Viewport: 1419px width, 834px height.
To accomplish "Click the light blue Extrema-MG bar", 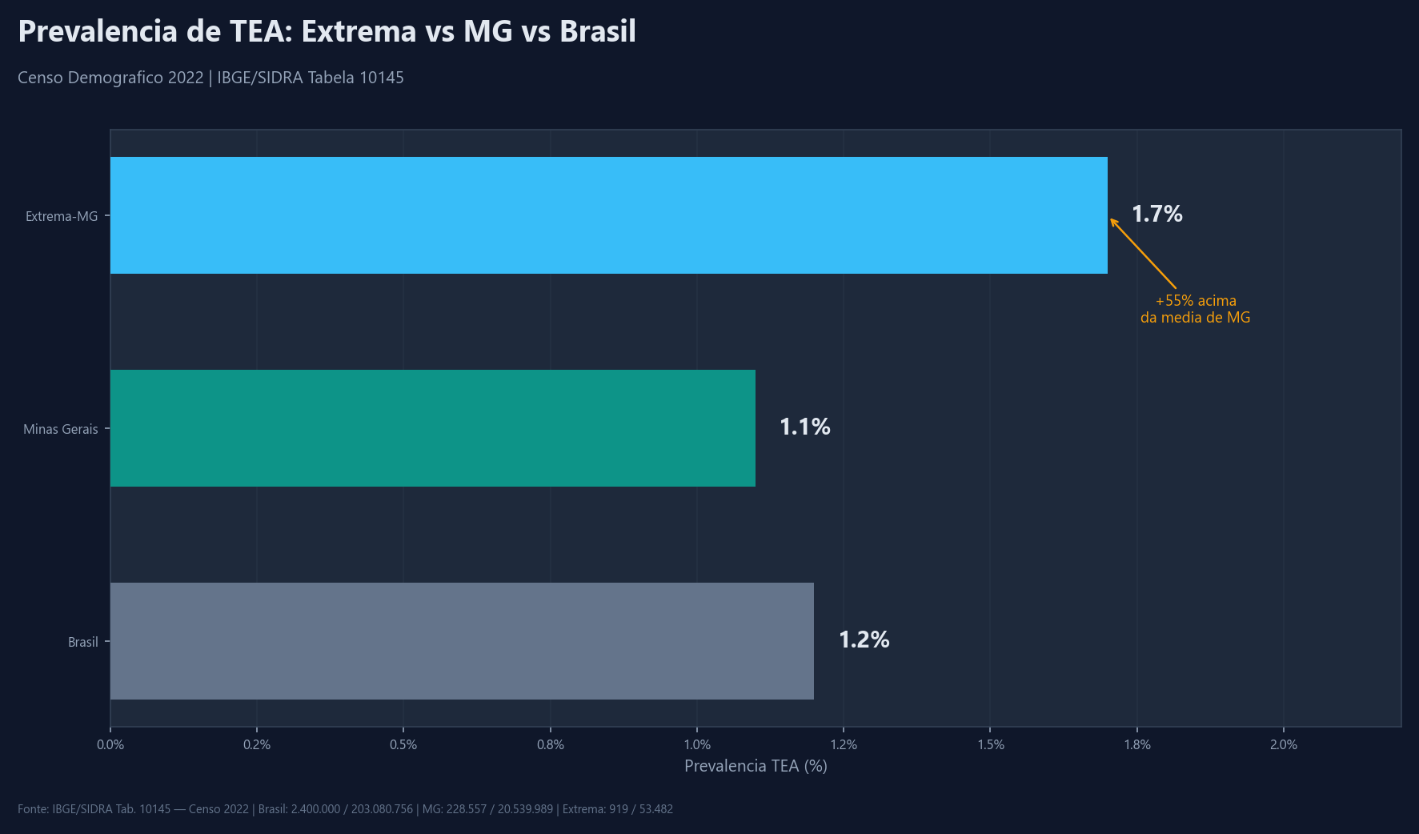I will (x=608, y=215).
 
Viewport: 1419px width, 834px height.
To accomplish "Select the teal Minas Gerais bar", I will (x=432, y=428).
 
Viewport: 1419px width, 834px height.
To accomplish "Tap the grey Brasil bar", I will (x=462, y=641).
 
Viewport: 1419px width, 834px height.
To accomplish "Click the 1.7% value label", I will (x=1156, y=215).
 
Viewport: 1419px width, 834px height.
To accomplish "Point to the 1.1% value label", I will (x=804, y=427).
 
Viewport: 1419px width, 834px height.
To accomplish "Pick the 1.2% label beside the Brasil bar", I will (x=864, y=640).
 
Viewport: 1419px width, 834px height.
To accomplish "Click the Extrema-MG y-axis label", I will (x=62, y=216).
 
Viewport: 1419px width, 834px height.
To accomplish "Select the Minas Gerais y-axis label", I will (x=61, y=429).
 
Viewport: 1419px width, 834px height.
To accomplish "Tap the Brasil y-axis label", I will (x=83, y=642).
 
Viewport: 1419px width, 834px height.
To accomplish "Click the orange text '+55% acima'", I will (x=1196, y=301).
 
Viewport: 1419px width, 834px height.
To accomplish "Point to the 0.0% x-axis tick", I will (x=110, y=744).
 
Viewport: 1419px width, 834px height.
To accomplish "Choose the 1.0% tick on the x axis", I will (x=697, y=744).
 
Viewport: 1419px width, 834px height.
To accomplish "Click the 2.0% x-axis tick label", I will (x=1284, y=744).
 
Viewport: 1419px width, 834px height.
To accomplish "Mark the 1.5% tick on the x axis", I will (x=991, y=744).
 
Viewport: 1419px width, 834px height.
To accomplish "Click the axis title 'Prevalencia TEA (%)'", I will (x=756, y=766).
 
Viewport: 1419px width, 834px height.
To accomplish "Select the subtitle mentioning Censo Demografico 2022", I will (x=210, y=78).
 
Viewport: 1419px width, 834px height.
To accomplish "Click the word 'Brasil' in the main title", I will (x=597, y=32).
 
